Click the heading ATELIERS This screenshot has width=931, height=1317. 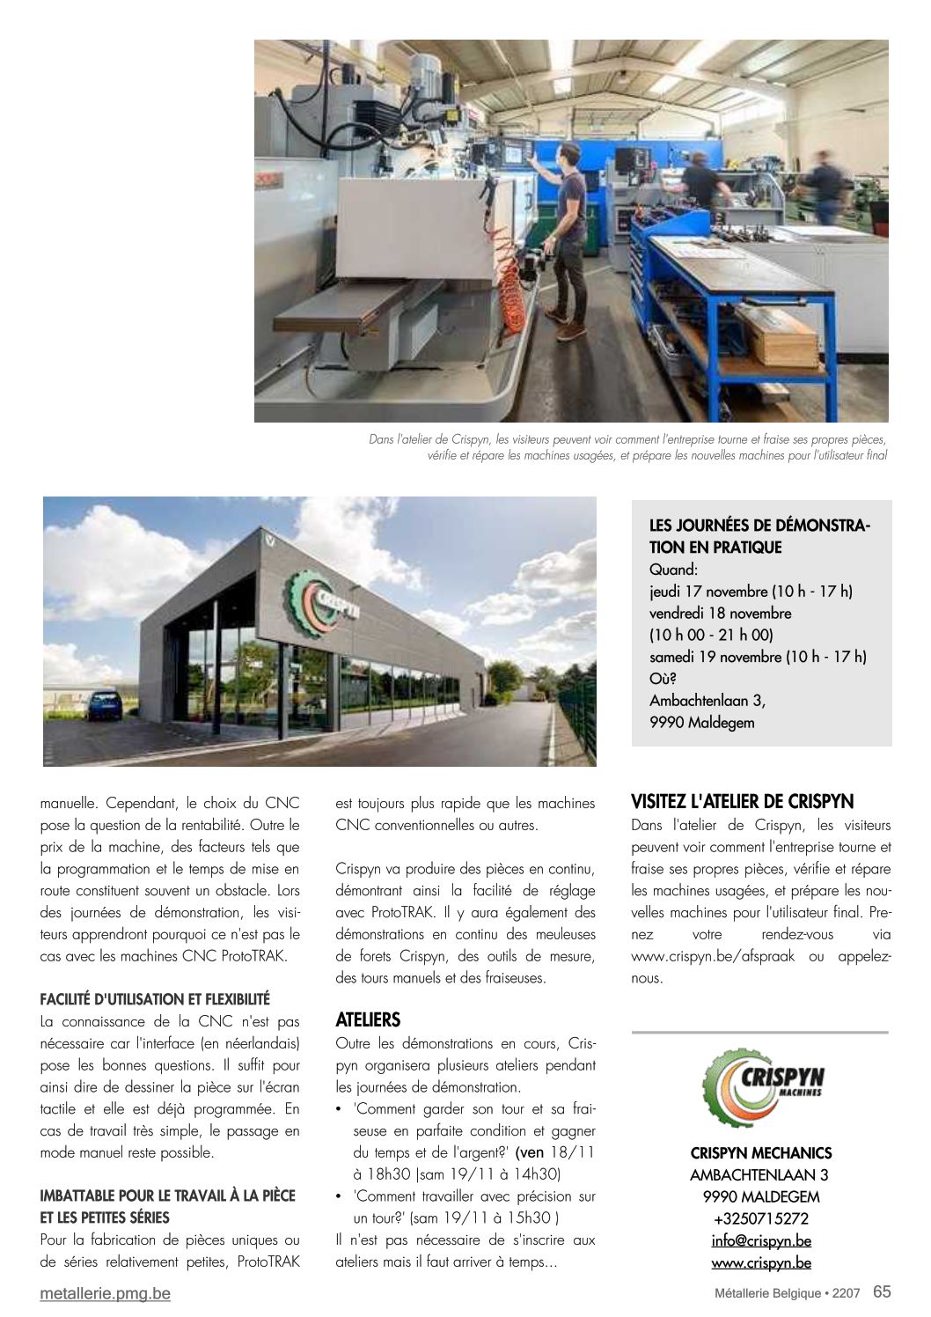pos(368,1020)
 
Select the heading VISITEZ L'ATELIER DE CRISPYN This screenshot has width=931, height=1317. pos(742,802)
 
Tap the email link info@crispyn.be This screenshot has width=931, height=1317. pos(761,1241)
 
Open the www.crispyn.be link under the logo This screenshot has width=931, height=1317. pos(761,1263)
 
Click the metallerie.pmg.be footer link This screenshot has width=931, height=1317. pos(106,1294)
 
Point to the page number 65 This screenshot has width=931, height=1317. pos(882,1292)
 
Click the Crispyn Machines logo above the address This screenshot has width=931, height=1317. pos(762,1088)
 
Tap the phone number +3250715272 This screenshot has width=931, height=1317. pos(761,1219)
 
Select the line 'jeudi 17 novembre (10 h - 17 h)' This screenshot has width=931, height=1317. pos(751,592)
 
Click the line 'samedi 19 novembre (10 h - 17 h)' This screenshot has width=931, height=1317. pos(758,657)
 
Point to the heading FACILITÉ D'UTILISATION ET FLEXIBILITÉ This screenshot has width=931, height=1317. pos(155,999)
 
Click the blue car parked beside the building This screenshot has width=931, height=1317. pos(104,704)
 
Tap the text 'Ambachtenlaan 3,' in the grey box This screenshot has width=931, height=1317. pos(707,701)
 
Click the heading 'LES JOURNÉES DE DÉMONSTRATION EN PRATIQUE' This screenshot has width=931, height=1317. pos(759,536)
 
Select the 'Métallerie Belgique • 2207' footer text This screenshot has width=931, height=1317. pos(787,1293)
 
